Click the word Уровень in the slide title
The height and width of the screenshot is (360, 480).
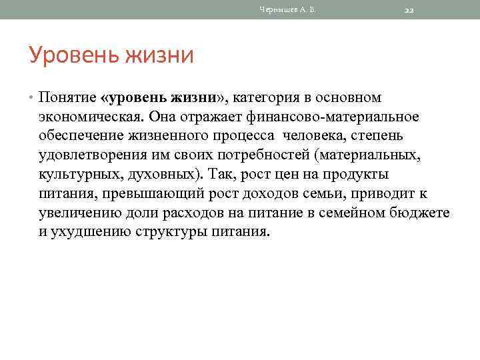[65, 55]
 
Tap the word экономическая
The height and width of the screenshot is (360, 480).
[90, 117]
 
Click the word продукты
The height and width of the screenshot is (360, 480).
[353, 175]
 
